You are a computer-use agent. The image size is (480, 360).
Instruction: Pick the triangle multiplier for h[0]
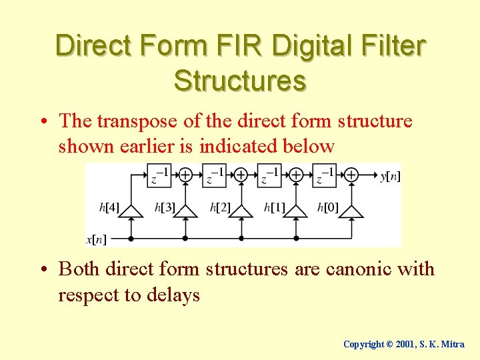point(351,210)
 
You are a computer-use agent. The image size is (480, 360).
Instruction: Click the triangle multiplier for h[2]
point(241,210)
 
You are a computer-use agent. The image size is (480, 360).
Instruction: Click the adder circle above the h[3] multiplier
point(185,175)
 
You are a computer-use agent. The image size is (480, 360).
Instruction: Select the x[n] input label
point(97,239)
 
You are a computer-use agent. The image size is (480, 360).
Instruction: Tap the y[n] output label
point(390,175)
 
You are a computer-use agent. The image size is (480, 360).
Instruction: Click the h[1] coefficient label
point(274,208)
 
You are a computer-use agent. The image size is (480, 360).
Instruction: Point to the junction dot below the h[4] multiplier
point(131,238)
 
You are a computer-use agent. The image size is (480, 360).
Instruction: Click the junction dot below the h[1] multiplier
point(296,238)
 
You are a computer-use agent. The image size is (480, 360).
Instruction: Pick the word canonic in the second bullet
point(361,269)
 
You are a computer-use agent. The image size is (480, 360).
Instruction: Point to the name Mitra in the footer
point(453,344)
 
